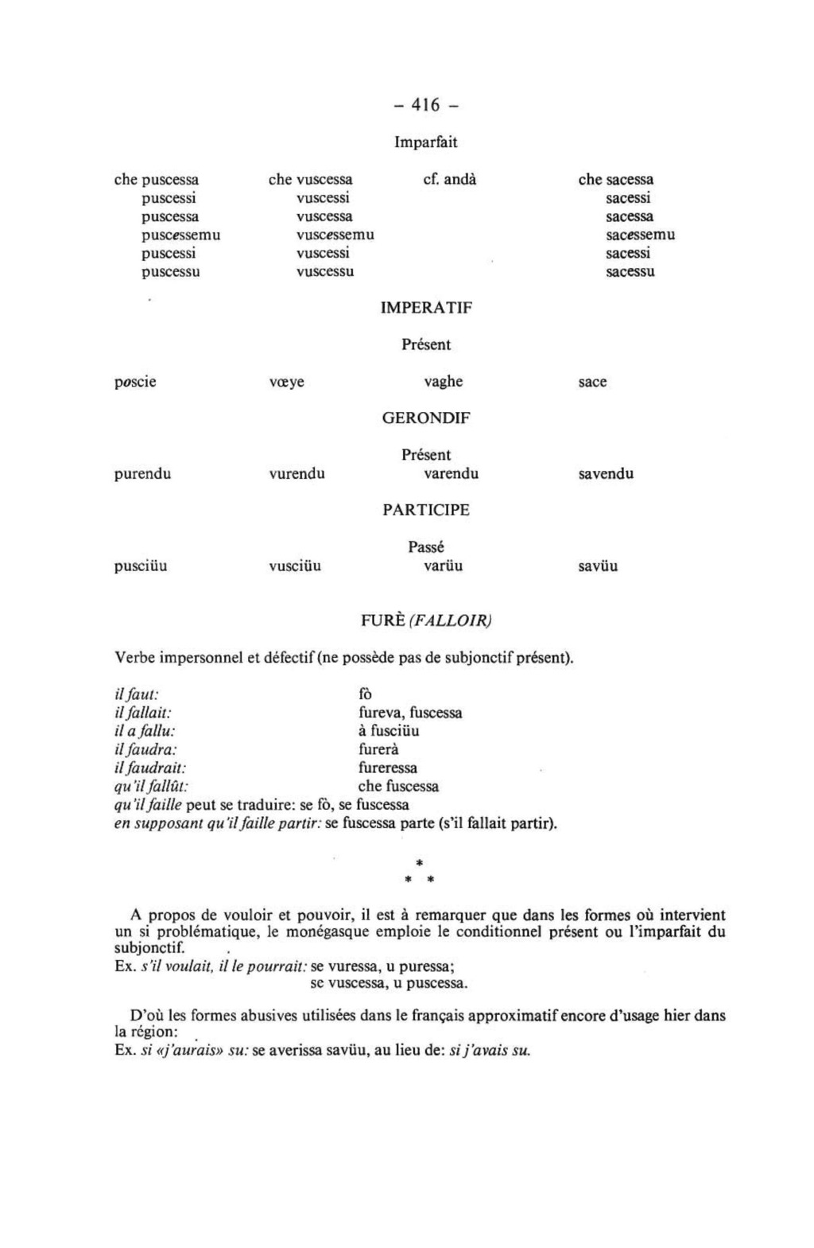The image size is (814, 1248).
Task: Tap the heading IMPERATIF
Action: tap(426, 308)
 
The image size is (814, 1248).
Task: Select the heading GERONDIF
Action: tap(426, 418)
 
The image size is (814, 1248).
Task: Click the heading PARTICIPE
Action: tap(426, 511)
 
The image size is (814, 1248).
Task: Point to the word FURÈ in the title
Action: tap(383, 620)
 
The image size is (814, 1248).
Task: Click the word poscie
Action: tap(135, 383)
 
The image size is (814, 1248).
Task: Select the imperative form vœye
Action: tap(286, 383)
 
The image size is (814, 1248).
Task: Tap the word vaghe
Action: tap(443, 382)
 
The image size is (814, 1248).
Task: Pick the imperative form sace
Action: tap(592, 383)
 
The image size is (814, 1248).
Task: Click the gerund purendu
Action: tap(142, 475)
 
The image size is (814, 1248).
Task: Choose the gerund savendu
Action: tap(606, 475)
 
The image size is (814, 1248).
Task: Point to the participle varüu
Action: tap(443, 567)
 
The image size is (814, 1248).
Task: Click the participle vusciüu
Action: tap(295, 567)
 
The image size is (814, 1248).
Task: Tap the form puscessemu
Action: tap(180, 235)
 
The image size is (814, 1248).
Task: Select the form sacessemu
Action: tap(640, 235)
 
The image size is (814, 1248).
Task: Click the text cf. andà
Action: tap(450, 180)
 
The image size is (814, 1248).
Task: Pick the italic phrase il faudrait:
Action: tap(150, 768)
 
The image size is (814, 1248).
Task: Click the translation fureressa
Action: tap(387, 768)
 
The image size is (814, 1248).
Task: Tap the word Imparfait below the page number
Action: tap(426, 142)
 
